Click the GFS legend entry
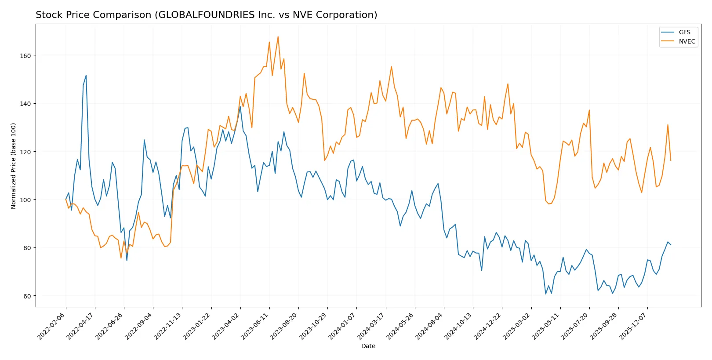(x=684, y=32)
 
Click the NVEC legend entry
(x=687, y=41)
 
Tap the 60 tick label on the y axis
(x=27, y=296)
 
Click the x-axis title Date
(x=368, y=346)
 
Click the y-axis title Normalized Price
(x=14, y=166)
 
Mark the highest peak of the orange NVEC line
(x=278, y=36)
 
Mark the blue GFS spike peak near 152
(x=86, y=75)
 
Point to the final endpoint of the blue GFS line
(x=671, y=245)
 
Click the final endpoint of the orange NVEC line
(x=671, y=160)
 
